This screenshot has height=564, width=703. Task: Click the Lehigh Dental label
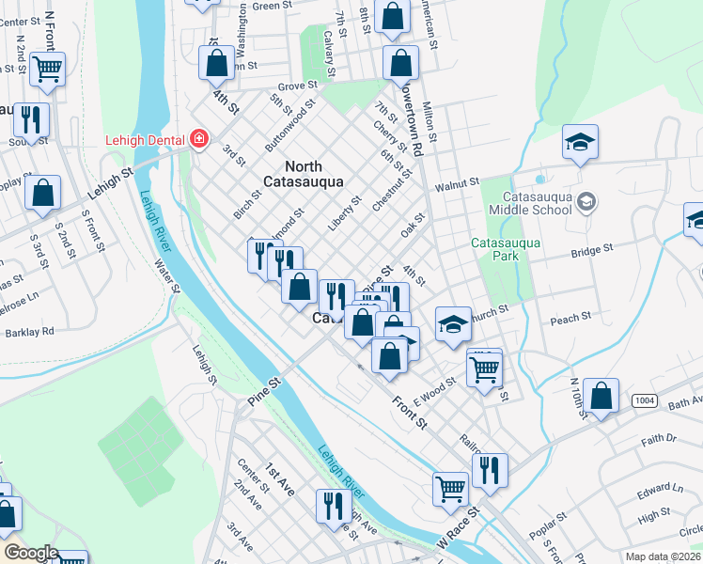tap(144, 140)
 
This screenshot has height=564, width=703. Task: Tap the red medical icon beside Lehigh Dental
tap(198, 140)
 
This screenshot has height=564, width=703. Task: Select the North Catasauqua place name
tap(303, 173)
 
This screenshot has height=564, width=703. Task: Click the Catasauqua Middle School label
tap(538, 203)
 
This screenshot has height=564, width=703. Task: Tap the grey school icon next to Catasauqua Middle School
tap(586, 201)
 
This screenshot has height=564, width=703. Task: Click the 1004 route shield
tap(645, 401)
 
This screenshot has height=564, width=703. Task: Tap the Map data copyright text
tap(662, 556)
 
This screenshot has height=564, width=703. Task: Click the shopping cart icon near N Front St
tap(47, 68)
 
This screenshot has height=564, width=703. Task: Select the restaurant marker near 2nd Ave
tap(333, 507)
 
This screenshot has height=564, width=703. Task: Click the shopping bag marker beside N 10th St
tap(601, 396)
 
